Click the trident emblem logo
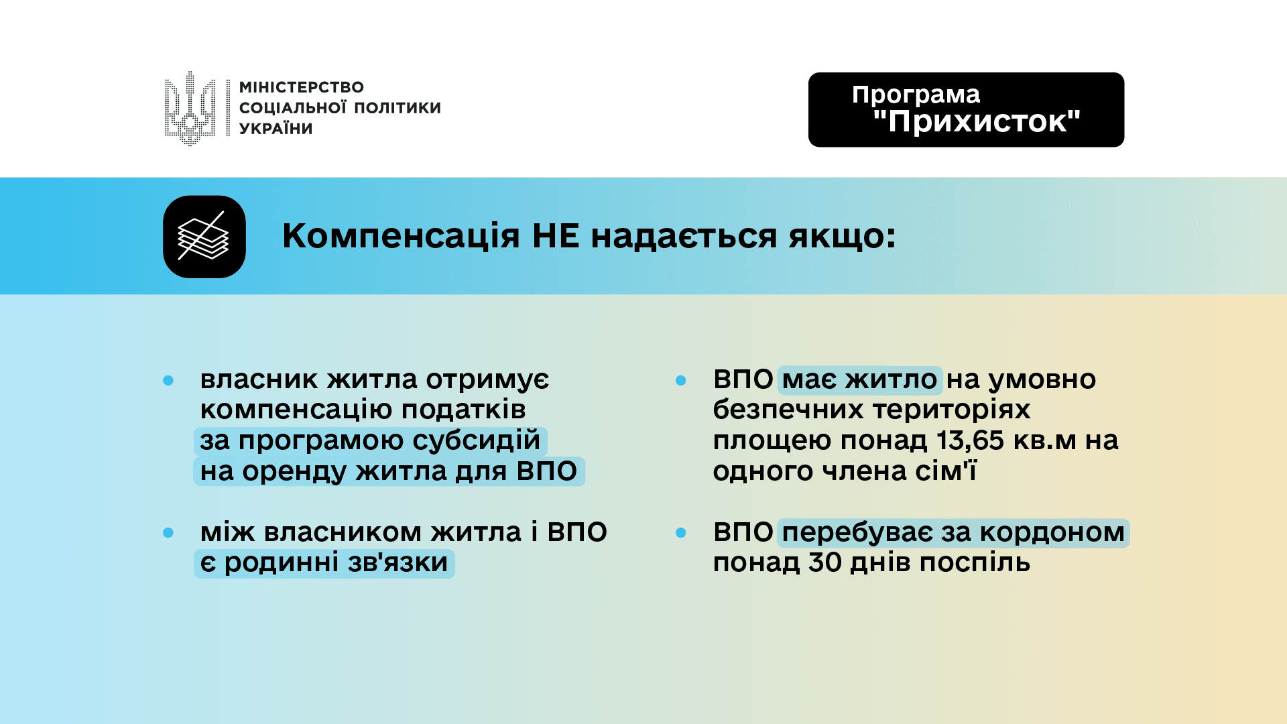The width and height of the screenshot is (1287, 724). pyautogui.click(x=190, y=109)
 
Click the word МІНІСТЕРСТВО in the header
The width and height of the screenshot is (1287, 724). pyautogui.click(x=302, y=87)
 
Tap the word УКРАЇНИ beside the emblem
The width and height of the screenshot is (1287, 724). pyautogui.click(x=276, y=128)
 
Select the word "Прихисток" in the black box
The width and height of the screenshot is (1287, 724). pyautogui.click(x=977, y=121)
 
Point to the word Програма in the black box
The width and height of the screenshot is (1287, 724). pyautogui.click(x=916, y=95)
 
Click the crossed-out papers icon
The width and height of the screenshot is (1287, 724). pyautogui.click(x=204, y=237)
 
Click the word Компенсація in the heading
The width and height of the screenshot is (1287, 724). pyautogui.click(x=401, y=236)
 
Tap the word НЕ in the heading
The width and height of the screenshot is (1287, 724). pyautogui.click(x=556, y=236)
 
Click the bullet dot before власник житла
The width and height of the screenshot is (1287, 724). pyautogui.click(x=168, y=380)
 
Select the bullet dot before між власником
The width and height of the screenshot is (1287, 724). pyautogui.click(x=168, y=533)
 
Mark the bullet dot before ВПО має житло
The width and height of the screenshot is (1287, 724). pyautogui.click(x=681, y=380)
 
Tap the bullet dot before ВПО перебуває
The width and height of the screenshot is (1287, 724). pyautogui.click(x=681, y=533)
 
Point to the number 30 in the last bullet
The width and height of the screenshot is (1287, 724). pyautogui.click(x=824, y=562)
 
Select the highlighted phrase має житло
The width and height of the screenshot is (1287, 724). pyautogui.click(x=860, y=380)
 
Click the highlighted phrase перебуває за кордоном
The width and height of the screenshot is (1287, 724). pyautogui.click(x=953, y=533)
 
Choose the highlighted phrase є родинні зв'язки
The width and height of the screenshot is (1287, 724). pyautogui.click(x=324, y=563)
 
